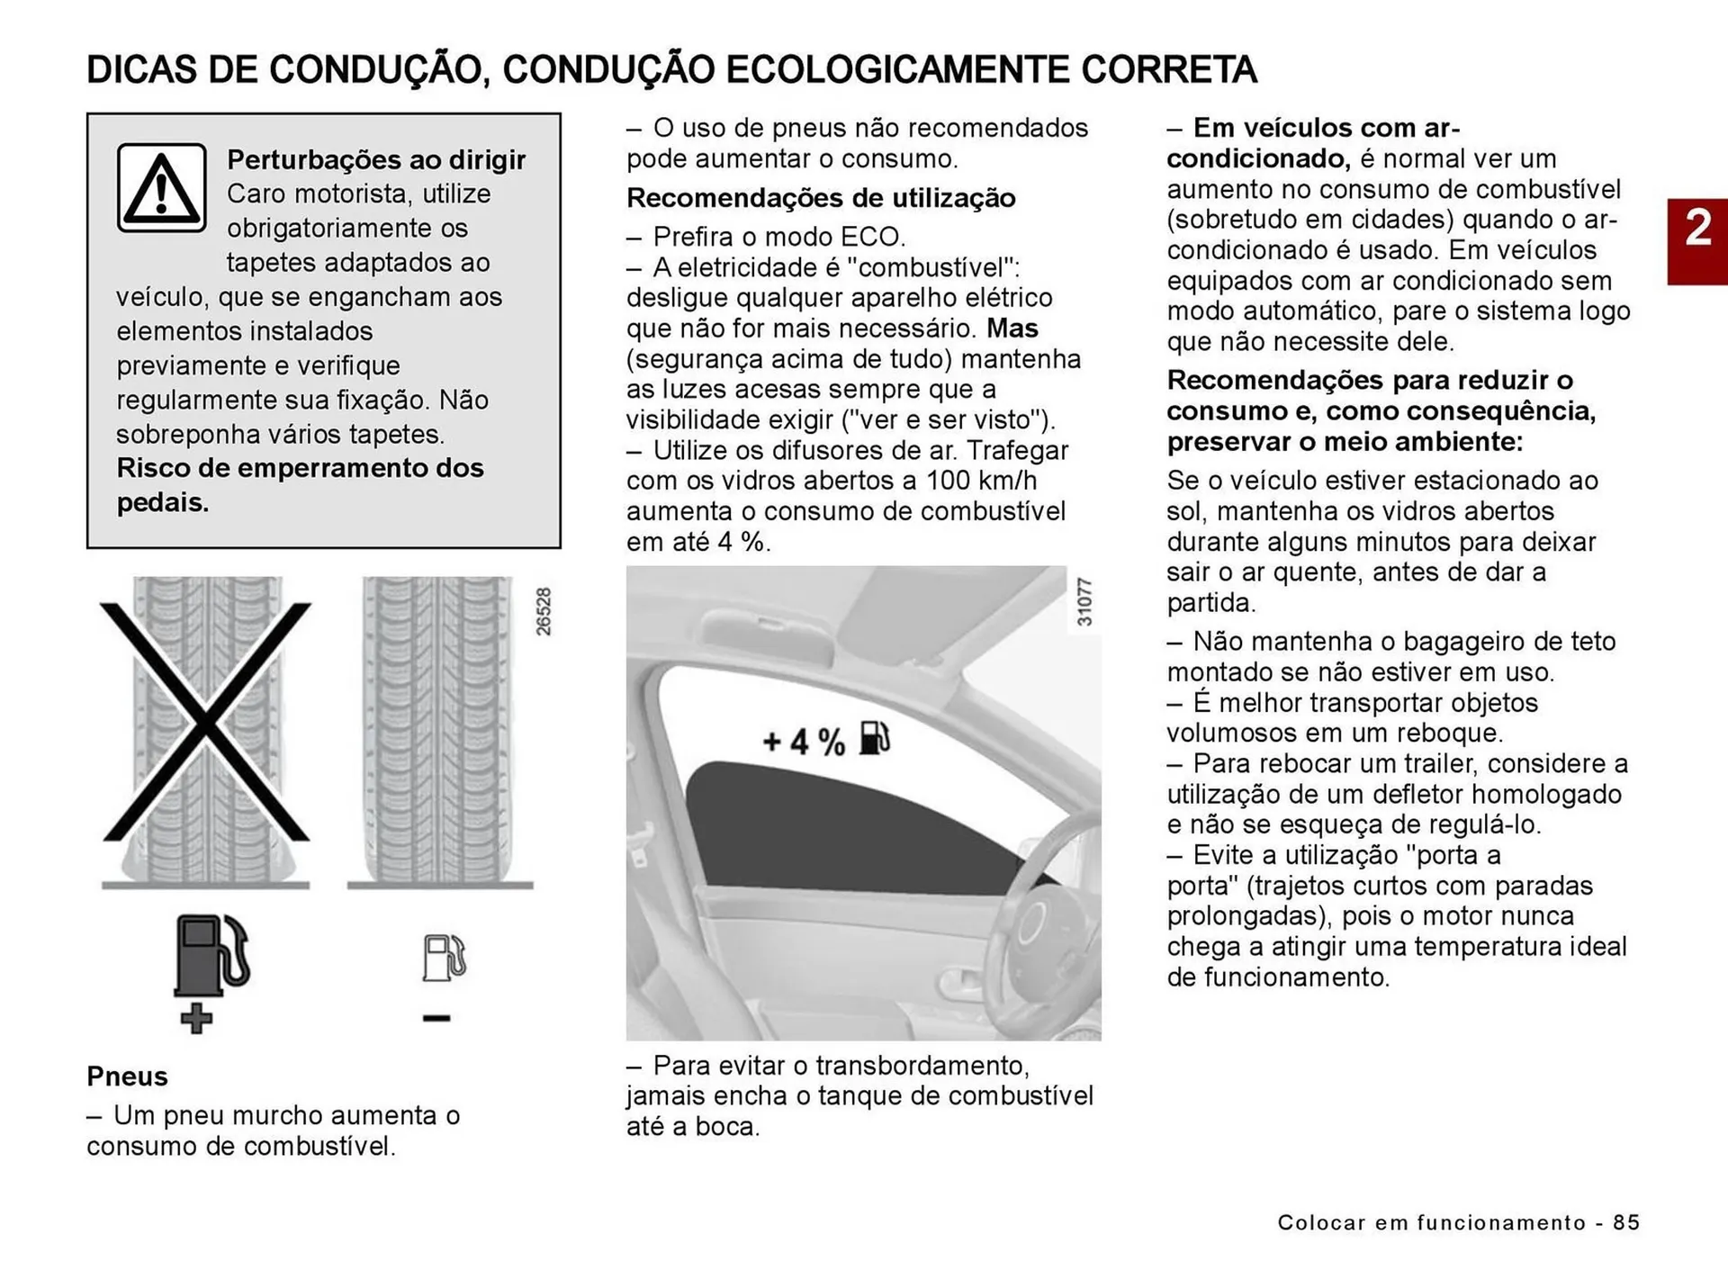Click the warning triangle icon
pos(161,188)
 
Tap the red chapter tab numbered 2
pos(1697,241)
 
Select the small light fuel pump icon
pos(445,957)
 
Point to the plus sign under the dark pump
pos(196,1019)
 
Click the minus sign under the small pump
pos(436,1018)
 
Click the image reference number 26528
pos(544,612)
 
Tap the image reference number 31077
pos(1084,601)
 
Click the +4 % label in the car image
pos(804,742)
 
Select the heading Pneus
pos(127,1076)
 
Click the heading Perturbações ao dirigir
pos(376,159)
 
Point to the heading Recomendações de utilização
pos(821,198)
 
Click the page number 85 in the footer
pos(1626,1222)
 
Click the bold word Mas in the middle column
pos(1012,328)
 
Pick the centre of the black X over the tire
pos(206,722)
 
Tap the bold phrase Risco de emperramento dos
pos(300,468)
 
